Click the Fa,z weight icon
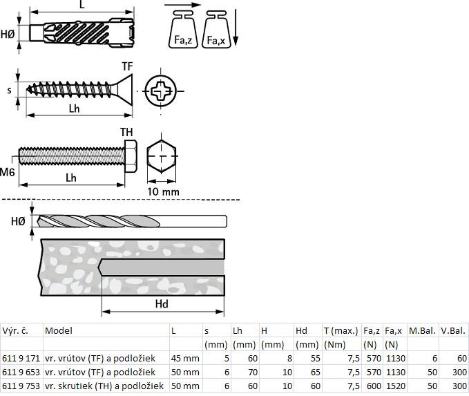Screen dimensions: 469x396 183,29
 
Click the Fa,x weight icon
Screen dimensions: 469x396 216,29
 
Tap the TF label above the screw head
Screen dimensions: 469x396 127,66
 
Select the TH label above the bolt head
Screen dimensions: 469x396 126,132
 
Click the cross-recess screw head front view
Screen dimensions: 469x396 161,91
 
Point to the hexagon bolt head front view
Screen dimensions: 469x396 161,156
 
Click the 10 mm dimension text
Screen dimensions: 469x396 163,192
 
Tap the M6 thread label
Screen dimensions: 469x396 7,172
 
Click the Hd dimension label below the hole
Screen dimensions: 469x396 162,304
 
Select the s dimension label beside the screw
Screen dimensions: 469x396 10,91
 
